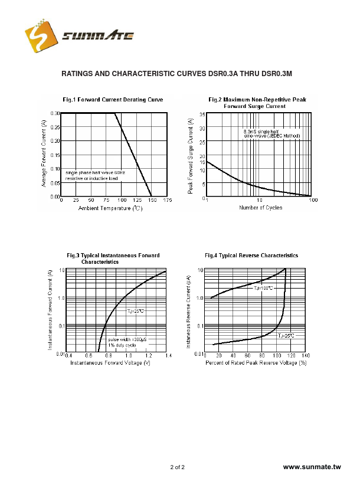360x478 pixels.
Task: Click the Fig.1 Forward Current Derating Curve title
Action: pyautogui.click(x=113, y=99)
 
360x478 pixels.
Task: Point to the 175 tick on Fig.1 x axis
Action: pyautogui.click(x=167, y=201)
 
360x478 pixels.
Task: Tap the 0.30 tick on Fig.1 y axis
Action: pyautogui.click(x=55, y=113)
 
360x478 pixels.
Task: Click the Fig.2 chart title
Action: pyautogui.click(x=257, y=103)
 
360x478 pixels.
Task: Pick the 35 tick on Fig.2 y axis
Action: pyautogui.click(x=202, y=114)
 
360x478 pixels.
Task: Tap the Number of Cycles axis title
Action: pyautogui.click(x=260, y=208)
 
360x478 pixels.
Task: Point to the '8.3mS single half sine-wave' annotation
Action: pyautogui.click(x=271, y=133)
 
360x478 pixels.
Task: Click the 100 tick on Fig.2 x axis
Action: pyautogui.click(x=313, y=201)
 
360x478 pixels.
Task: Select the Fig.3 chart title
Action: pyautogui.click(x=113, y=258)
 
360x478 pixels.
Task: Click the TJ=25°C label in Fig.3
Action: pyautogui.click(x=135, y=310)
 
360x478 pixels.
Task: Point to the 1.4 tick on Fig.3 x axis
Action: pyautogui.click(x=168, y=356)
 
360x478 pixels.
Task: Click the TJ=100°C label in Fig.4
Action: pyautogui.click(x=264, y=289)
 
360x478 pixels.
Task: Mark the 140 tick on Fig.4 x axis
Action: pyautogui.click(x=306, y=356)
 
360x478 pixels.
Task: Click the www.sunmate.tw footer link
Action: pyautogui.click(x=312, y=467)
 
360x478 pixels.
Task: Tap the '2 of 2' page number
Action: pyautogui.click(x=177, y=467)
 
